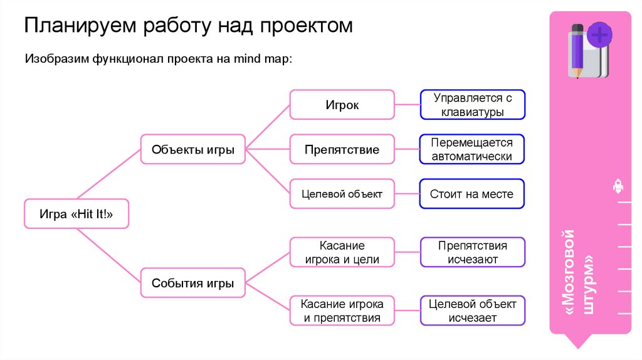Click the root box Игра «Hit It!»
76,214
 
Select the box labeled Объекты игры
193,150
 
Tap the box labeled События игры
193,283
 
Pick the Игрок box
342,105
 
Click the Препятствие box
342,150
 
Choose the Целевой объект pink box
342,194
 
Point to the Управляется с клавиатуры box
473,105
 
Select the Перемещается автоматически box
471,150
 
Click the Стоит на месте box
471,194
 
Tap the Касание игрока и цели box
342,252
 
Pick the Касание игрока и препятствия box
342,310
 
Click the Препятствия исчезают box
473,252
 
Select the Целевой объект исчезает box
473,310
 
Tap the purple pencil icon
577,50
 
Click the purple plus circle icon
600,34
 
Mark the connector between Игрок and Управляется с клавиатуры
408,105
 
